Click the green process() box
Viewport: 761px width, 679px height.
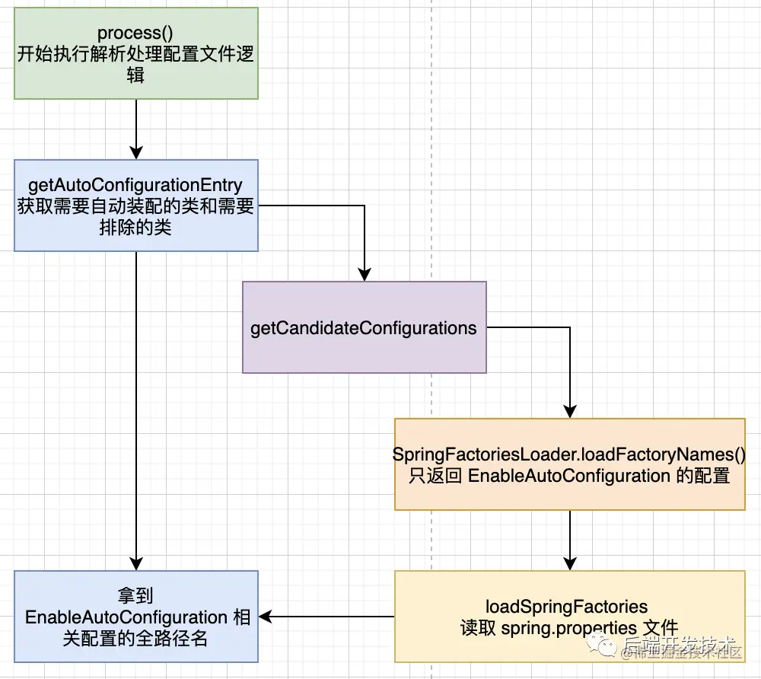(x=136, y=53)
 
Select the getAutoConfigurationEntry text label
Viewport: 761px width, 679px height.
(x=135, y=185)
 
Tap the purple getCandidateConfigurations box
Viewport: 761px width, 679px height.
(x=364, y=327)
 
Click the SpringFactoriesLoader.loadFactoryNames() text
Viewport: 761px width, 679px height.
(x=568, y=454)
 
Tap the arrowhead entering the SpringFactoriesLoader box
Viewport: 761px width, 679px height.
(x=569, y=411)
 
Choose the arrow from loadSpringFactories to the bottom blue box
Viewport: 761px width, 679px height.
(x=327, y=617)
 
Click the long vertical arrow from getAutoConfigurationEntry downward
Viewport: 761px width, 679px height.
(x=136, y=411)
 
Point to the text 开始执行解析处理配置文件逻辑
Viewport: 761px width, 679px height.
(x=136, y=65)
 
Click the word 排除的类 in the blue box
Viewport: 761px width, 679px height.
(x=135, y=228)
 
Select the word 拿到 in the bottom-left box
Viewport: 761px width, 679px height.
(x=136, y=595)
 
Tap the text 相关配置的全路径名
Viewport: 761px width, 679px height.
(x=135, y=638)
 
